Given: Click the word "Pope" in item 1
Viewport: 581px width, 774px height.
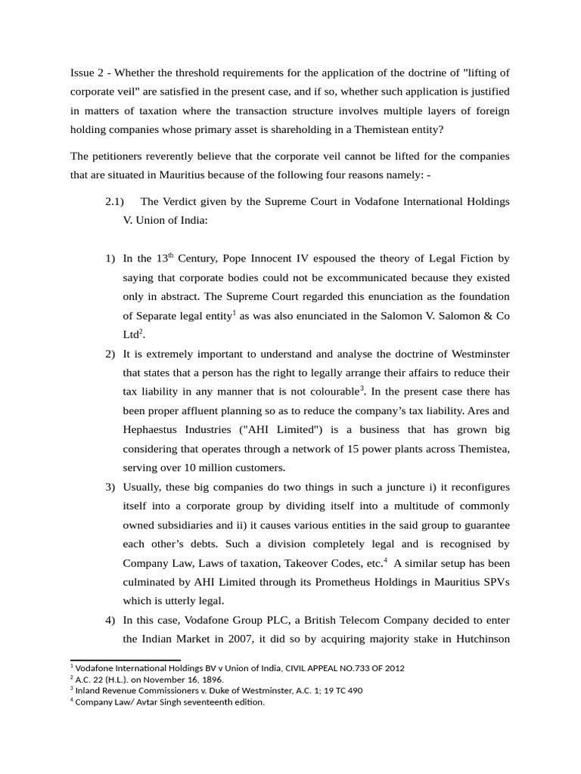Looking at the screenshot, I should (x=240, y=259).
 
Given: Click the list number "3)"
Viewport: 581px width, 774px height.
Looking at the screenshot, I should (x=110, y=486).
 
